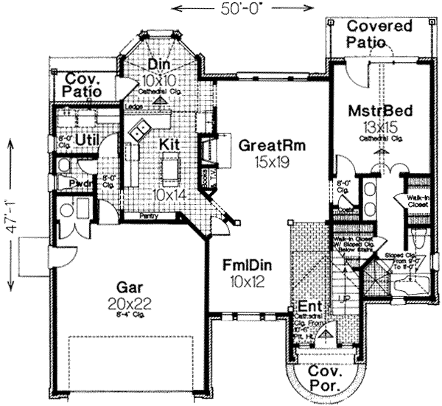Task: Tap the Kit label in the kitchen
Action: point(169,145)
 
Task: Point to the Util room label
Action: point(86,138)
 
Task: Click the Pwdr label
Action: point(80,183)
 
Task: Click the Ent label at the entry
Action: point(308,307)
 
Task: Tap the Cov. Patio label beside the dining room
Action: point(86,85)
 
